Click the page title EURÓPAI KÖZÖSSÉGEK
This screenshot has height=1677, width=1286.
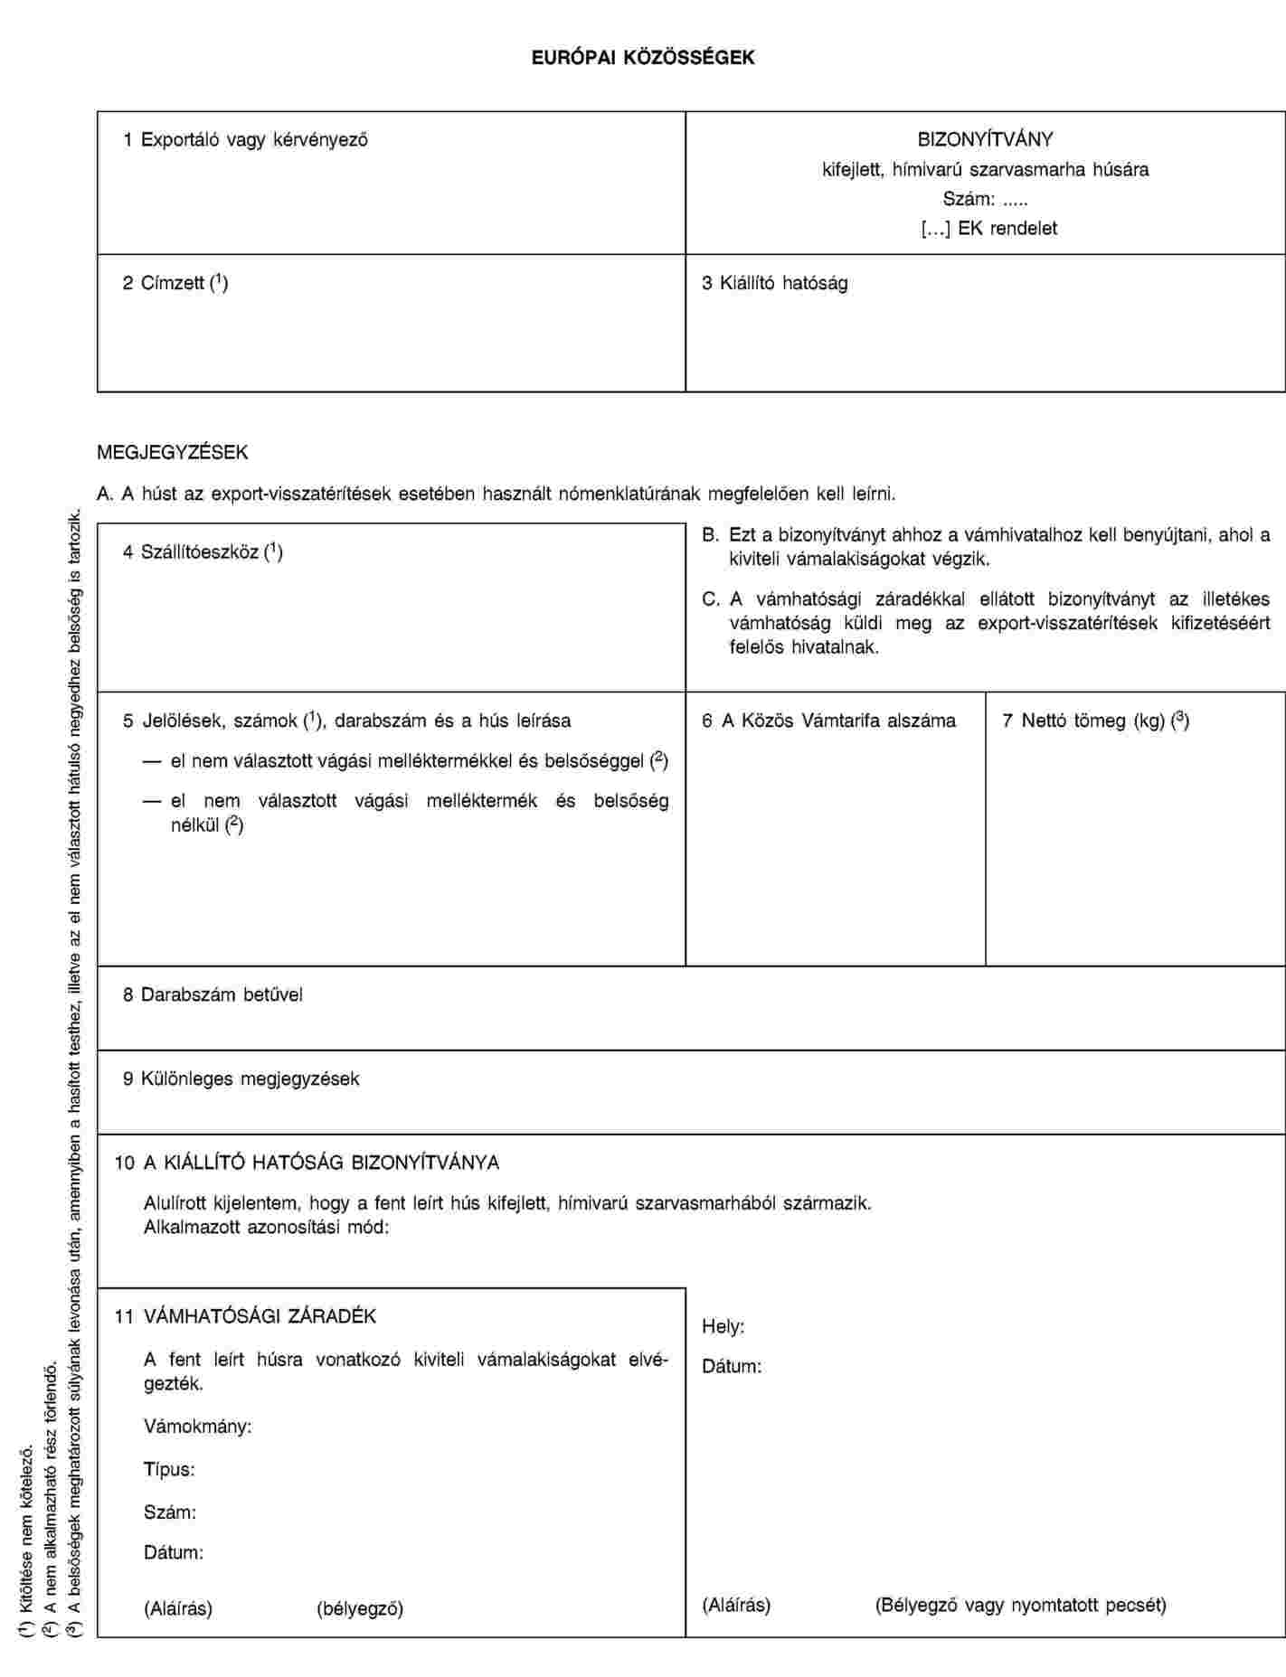point(642,58)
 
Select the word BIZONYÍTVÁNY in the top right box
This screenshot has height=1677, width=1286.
point(985,139)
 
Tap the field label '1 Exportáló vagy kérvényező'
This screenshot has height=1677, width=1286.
point(245,139)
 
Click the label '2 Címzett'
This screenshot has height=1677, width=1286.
point(175,283)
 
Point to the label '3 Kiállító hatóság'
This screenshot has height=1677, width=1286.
point(775,283)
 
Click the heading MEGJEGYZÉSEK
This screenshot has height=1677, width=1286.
point(173,451)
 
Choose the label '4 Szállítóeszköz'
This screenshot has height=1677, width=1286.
point(203,551)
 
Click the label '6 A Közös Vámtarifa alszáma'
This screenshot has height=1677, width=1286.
point(828,721)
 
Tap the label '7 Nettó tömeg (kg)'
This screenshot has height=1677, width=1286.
point(1095,721)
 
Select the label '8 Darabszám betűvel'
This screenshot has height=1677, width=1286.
point(213,994)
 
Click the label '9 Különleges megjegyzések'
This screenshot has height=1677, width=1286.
point(241,1079)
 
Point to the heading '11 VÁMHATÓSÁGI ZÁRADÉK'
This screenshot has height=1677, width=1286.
point(245,1315)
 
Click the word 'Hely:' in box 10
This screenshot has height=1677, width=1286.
point(723,1326)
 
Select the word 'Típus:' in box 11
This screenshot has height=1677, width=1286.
point(169,1469)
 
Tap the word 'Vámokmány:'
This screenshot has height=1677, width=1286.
point(198,1427)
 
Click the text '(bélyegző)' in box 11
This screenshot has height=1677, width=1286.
point(360,1608)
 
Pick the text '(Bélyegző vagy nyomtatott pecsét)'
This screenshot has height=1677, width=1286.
point(1020,1605)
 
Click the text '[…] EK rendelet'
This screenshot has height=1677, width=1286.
point(988,228)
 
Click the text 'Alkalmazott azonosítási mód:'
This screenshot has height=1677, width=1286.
point(267,1228)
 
